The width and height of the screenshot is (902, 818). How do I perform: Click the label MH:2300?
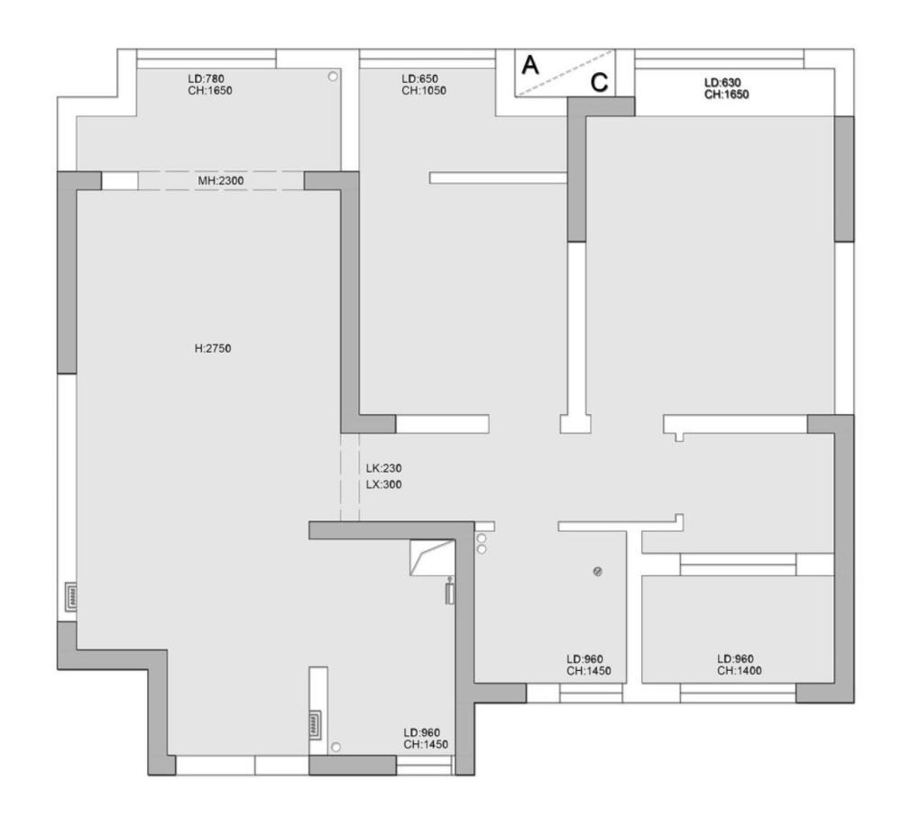[x=221, y=180]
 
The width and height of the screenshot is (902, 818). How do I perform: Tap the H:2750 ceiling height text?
[x=213, y=348]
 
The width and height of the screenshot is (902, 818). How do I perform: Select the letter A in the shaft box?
[x=529, y=65]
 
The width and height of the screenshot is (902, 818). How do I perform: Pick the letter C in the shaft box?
[x=599, y=82]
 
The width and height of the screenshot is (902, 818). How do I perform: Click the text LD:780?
[x=206, y=78]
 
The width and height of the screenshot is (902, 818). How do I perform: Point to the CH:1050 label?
[x=424, y=91]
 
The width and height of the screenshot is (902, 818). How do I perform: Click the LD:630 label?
[x=723, y=83]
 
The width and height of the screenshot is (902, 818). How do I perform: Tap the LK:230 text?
[x=383, y=468]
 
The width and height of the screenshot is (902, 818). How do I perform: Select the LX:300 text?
[x=383, y=484]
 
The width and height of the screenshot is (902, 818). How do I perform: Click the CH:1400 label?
[x=740, y=671]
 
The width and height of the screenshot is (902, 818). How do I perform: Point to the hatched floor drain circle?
[x=598, y=571]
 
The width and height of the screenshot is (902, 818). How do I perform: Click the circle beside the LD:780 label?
[x=333, y=76]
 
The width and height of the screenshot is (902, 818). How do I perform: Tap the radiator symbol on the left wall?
[x=71, y=597]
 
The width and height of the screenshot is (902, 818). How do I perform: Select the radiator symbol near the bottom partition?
[x=315, y=724]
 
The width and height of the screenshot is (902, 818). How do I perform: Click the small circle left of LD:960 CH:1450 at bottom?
[x=336, y=748]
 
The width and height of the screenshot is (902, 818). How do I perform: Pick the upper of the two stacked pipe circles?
[x=482, y=538]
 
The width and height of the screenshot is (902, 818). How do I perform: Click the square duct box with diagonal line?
[x=432, y=557]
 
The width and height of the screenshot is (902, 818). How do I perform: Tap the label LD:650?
[x=420, y=78]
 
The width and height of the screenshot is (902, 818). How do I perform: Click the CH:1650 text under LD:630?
[x=726, y=95]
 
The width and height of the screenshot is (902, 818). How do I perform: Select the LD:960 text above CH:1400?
[x=735, y=658]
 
